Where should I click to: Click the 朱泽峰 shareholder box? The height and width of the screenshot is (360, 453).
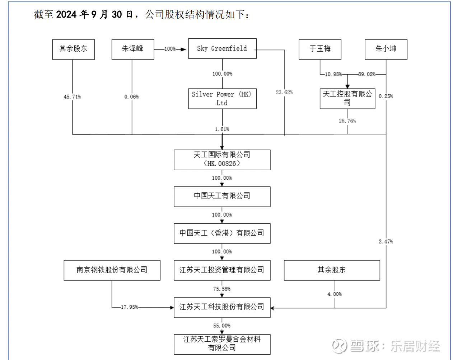point(132,49)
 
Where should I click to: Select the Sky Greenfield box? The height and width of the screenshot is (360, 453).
point(222,48)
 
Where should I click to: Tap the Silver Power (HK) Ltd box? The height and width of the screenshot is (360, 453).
point(222,99)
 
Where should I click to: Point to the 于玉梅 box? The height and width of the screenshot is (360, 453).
point(320,49)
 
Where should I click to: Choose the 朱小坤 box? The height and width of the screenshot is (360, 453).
point(386,49)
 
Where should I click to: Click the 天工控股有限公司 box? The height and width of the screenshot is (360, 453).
point(347,98)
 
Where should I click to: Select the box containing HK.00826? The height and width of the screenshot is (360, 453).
point(222,160)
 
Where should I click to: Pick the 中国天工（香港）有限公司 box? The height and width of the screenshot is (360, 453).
point(222,233)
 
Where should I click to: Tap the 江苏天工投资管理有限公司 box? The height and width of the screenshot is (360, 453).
point(222,270)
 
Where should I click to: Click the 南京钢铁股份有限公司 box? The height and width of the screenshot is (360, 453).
point(112,270)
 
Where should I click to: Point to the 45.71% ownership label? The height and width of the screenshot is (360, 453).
point(72,97)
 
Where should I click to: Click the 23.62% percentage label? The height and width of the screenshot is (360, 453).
point(284,93)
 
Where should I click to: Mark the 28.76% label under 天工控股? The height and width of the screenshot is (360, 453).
point(347,121)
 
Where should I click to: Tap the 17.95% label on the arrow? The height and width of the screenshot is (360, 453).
point(129,307)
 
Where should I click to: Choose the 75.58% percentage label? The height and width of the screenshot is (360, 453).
point(222,289)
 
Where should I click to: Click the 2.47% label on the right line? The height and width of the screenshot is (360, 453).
point(386,242)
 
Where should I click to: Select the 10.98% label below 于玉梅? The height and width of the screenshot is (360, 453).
point(333,74)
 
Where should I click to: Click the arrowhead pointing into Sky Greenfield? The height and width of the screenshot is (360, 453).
point(183,49)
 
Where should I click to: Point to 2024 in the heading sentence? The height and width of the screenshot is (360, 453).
point(66,14)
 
